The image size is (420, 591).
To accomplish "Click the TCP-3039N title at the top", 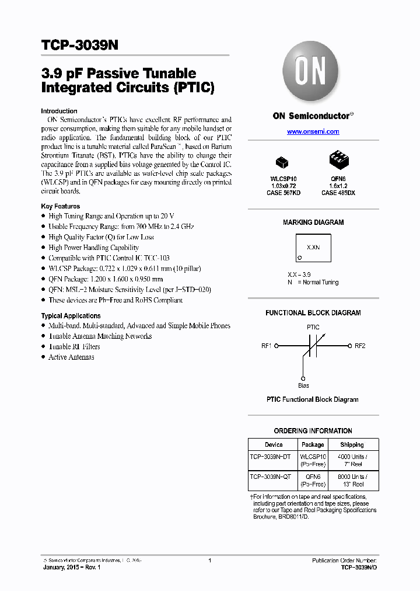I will click(80, 46).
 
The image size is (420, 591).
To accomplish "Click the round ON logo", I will click(313, 72).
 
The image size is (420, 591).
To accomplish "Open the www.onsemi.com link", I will click(313, 132).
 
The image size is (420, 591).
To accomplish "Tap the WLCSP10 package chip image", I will click(282, 162).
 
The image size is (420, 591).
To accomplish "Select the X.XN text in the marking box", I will click(313, 247).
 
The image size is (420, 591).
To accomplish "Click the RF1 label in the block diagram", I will click(267, 346).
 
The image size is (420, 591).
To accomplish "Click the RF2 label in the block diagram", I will click(360, 346).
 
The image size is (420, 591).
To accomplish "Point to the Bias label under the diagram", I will click(303, 385).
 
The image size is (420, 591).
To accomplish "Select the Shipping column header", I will click(352, 445).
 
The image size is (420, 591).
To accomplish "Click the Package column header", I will click(313, 445).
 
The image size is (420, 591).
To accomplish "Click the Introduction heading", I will click(59, 111).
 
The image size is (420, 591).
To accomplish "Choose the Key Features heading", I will click(61, 206).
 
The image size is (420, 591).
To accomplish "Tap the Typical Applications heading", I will click(71, 316).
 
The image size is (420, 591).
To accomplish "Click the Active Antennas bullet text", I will click(71, 357).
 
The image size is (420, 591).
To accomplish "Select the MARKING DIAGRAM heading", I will click(313, 223).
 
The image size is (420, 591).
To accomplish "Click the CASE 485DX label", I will click(337, 193).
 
